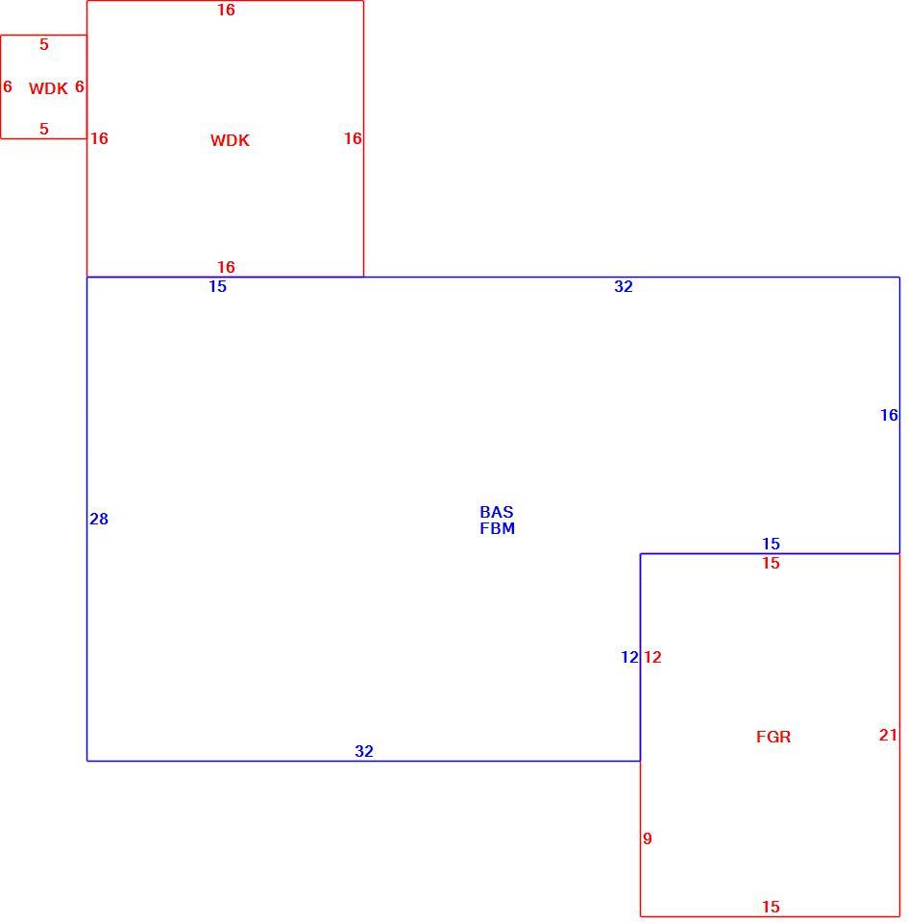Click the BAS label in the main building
click(x=497, y=512)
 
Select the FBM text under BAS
click(x=497, y=528)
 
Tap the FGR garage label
click(x=773, y=737)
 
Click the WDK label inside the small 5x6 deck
click(x=48, y=88)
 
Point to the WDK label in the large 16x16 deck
click(x=230, y=140)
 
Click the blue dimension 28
click(x=99, y=520)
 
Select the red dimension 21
click(x=888, y=735)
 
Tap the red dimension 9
click(x=648, y=839)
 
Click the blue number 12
click(x=629, y=657)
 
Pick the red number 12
click(x=652, y=657)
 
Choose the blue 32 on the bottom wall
click(x=364, y=751)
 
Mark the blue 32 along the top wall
click(x=624, y=287)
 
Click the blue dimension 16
click(x=889, y=416)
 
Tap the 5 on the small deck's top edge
click(x=44, y=45)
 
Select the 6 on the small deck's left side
click(x=8, y=87)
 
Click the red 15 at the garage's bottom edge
click(x=772, y=908)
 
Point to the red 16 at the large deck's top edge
click(x=226, y=10)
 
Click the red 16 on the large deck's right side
click(x=353, y=138)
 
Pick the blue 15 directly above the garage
click(x=772, y=544)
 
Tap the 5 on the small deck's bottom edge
click(x=44, y=130)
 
